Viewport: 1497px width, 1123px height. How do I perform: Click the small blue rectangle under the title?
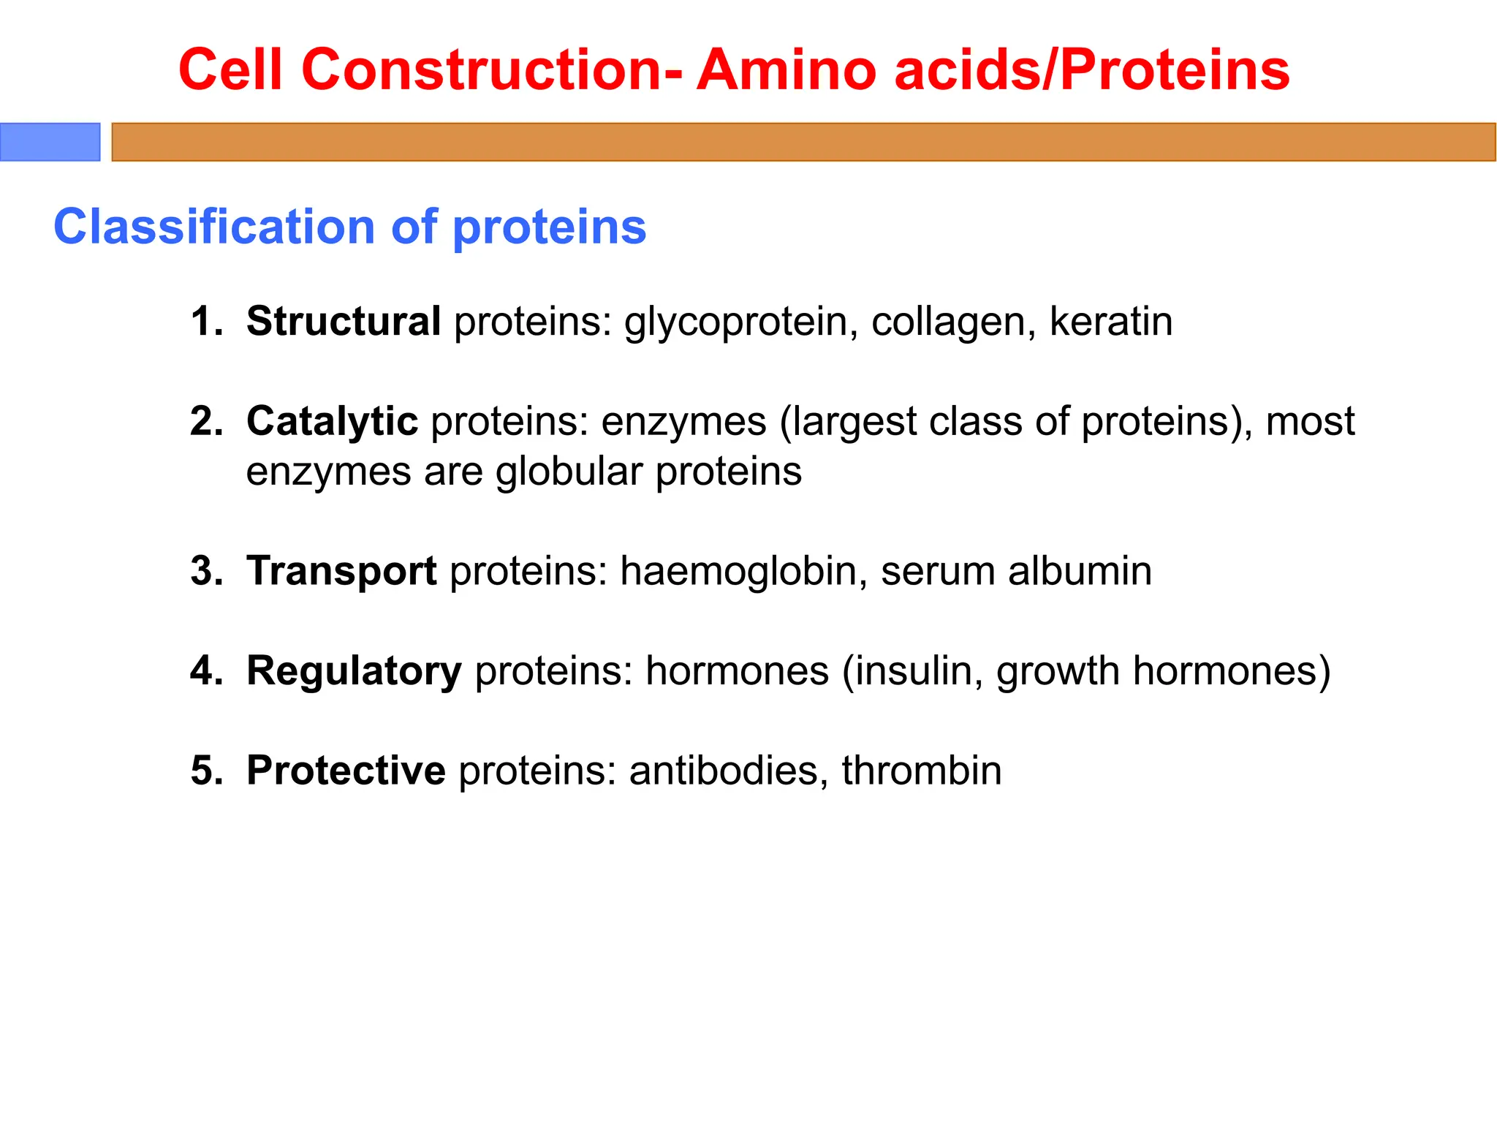[50, 142]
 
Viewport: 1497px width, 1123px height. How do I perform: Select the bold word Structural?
[344, 321]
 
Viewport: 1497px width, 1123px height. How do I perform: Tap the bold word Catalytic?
[332, 421]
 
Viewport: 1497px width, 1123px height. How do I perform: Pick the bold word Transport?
[341, 570]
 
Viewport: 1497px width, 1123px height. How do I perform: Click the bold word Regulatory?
[354, 670]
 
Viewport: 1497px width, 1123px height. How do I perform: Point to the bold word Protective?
[346, 770]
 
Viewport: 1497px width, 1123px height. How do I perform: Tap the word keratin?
[1110, 321]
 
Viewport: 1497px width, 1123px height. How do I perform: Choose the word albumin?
[1080, 570]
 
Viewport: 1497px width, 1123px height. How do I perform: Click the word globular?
[569, 472]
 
